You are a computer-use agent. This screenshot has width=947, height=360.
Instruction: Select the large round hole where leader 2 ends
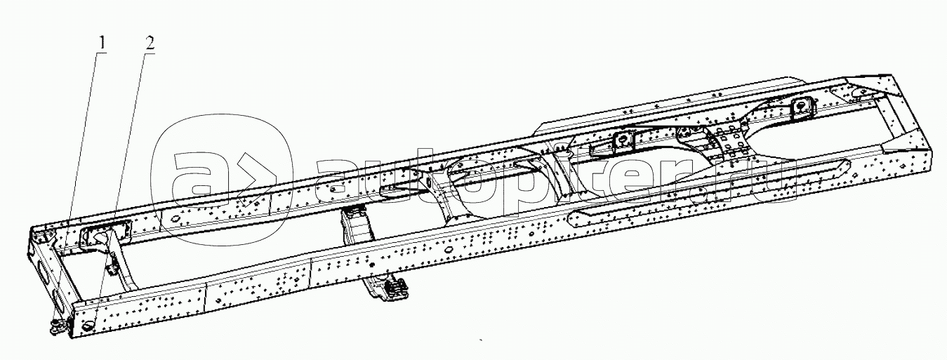[x=88, y=326]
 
